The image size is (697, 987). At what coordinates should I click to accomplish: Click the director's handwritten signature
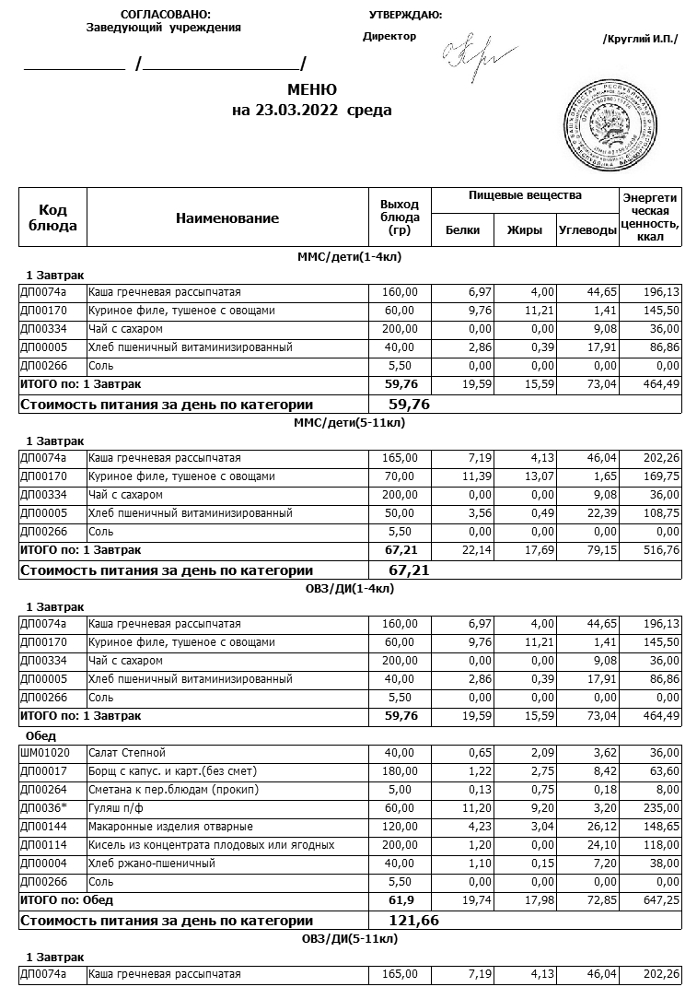469,56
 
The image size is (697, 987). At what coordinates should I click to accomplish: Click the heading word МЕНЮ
312,90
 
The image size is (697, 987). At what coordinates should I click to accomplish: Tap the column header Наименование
227,218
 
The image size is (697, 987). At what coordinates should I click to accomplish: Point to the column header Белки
462,230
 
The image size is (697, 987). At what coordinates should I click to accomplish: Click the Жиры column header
525,230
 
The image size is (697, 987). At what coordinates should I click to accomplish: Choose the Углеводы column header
587,230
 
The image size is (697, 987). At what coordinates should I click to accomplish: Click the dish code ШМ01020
40,753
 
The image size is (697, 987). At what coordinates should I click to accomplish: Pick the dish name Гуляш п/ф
117,808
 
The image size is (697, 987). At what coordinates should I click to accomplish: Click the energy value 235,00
663,808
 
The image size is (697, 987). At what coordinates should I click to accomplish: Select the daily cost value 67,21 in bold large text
410,570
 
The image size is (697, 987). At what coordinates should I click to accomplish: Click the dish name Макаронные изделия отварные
170,827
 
